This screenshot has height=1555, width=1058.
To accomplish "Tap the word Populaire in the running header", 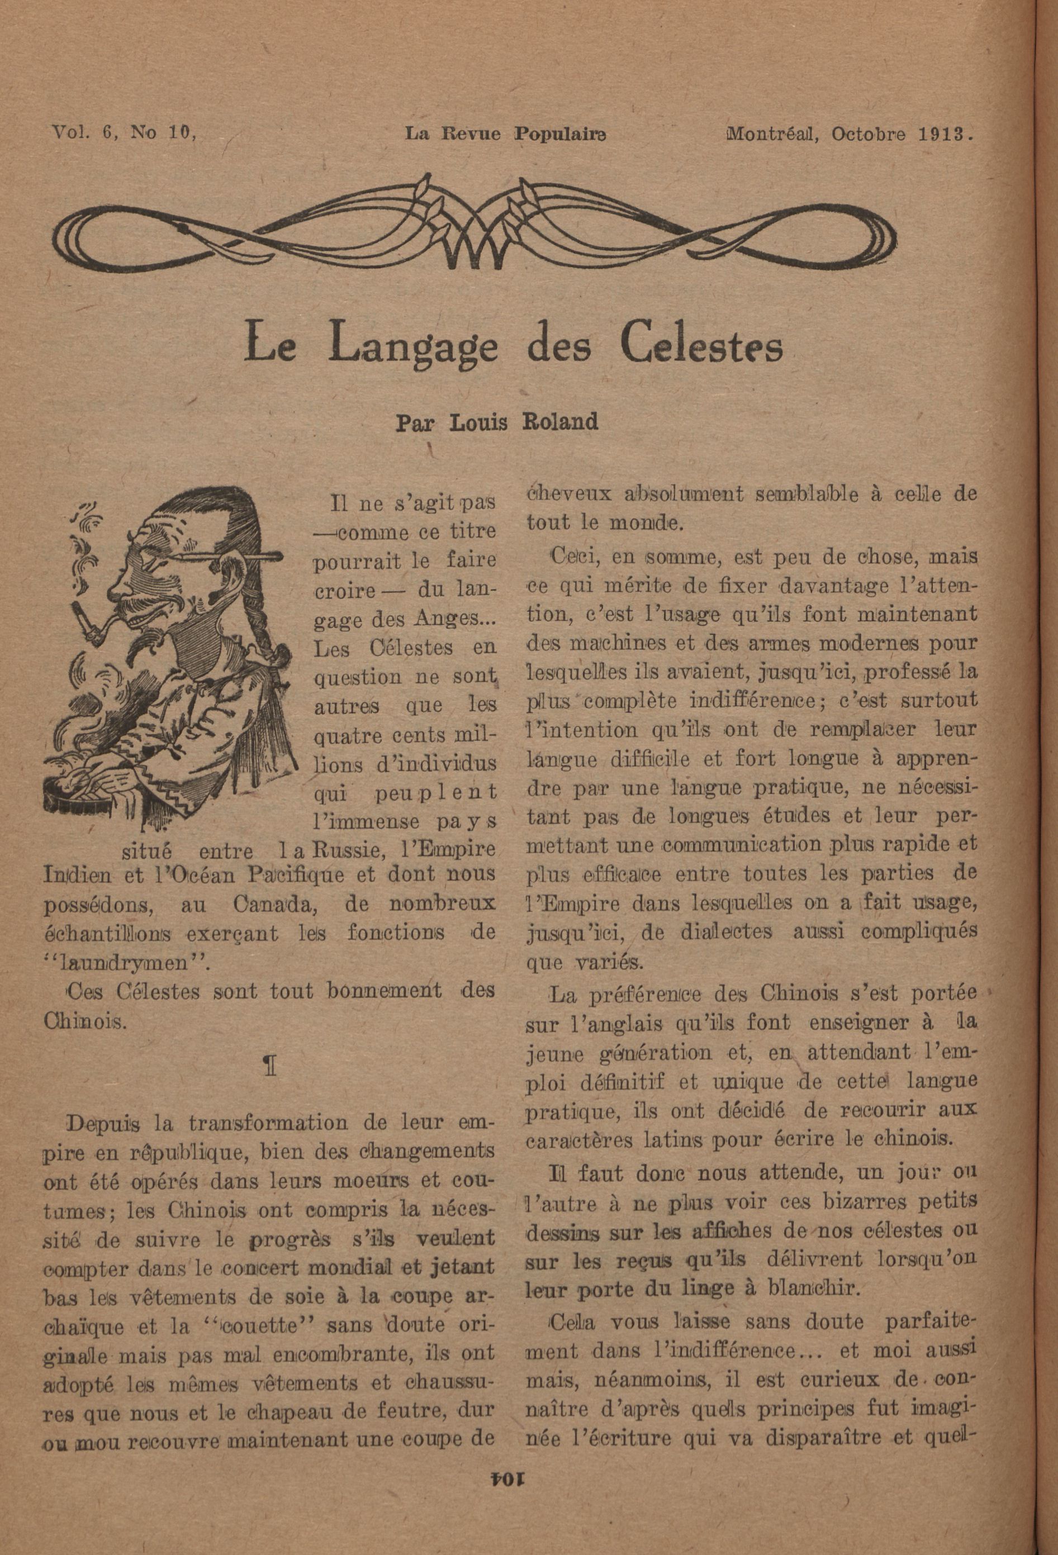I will click(x=560, y=132).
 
